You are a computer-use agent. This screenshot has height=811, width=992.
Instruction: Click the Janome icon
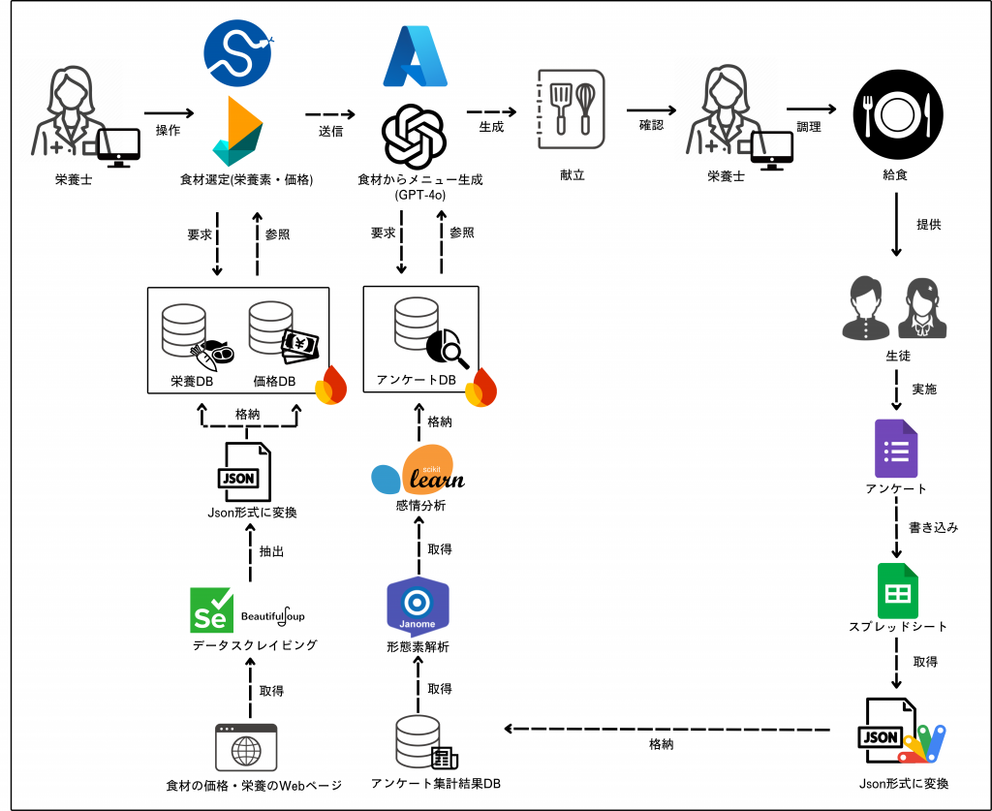(418, 607)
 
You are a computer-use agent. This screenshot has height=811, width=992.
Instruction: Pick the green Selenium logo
(212, 609)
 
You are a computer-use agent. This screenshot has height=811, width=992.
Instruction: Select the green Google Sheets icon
(897, 590)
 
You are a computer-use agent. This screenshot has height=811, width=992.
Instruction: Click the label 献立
(573, 175)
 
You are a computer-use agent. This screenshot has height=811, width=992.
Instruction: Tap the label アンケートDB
(417, 380)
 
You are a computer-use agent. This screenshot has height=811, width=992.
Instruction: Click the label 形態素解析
(417, 647)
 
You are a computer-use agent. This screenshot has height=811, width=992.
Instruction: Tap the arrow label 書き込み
(934, 528)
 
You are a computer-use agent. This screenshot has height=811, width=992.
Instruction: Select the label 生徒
(897, 356)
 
